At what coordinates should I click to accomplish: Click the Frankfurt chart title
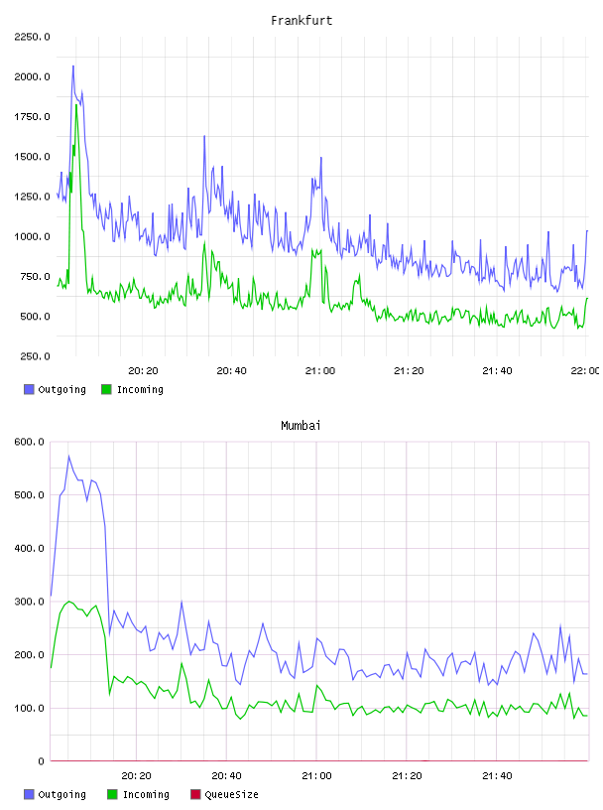click(301, 21)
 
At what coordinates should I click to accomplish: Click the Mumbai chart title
click(301, 426)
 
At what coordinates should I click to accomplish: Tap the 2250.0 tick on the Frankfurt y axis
click(32, 37)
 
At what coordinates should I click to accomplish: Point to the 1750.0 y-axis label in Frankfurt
click(32, 117)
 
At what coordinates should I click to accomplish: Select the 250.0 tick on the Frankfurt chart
click(35, 356)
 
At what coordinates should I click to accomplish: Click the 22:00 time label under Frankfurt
click(584, 371)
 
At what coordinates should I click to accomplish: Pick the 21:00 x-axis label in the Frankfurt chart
click(320, 371)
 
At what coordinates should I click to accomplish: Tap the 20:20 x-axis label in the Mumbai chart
click(136, 776)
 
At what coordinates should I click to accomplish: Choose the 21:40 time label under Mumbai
click(497, 776)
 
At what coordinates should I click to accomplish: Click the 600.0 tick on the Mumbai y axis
click(30, 442)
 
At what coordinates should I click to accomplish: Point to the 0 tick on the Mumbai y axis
click(41, 761)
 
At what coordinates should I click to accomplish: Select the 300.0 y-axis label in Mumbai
click(30, 602)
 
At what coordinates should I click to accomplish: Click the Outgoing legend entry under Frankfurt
click(55, 389)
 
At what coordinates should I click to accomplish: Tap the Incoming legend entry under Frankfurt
click(132, 389)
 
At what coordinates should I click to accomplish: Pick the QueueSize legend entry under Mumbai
click(224, 794)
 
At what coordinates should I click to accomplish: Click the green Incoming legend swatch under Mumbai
click(112, 794)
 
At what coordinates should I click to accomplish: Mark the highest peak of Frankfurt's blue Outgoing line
click(73, 67)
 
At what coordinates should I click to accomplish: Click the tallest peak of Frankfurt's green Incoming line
click(76, 105)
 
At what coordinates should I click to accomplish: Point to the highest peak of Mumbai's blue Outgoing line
click(68, 457)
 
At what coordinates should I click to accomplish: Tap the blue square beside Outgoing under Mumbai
click(29, 794)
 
